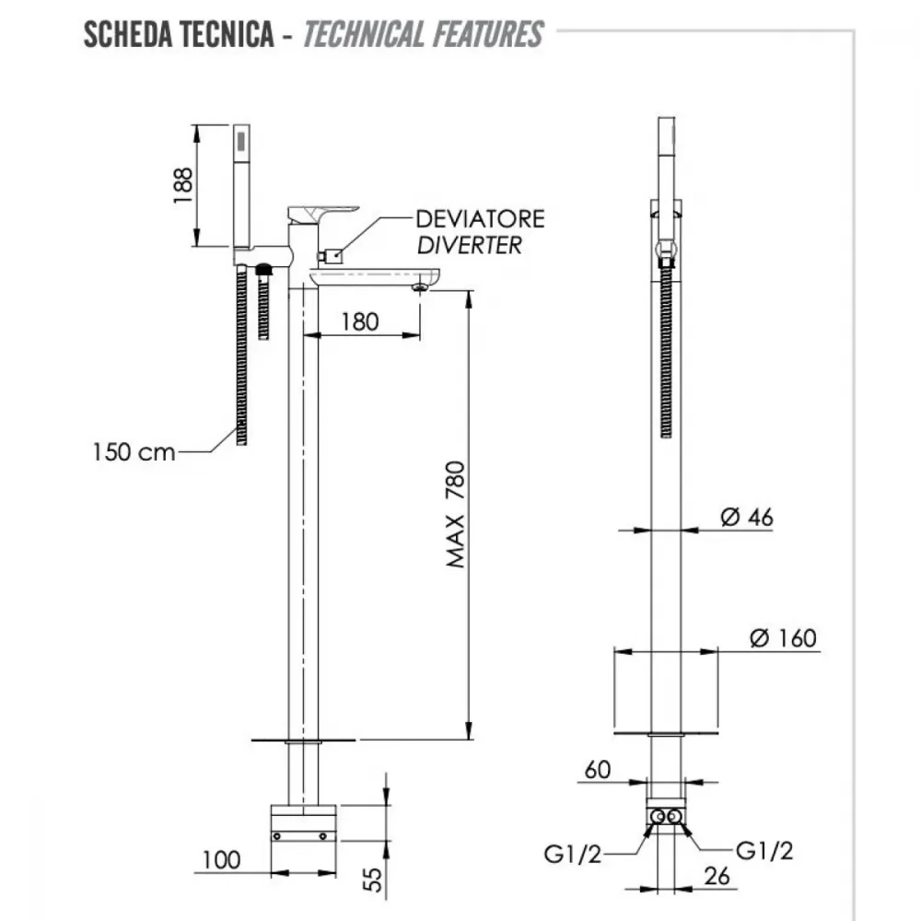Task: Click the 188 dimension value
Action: pyautogui.click(x=182, y=186)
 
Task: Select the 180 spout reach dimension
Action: pyautogui.click(x=360, y=321)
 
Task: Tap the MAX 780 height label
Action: pyautogui.click(x=456, y=515)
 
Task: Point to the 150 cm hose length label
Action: pyautogui.click(x=134, y=452)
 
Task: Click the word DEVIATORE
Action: pyautogui.click(x=481, y=219)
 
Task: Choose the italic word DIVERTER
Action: pyautogui.click(x=470, y=246)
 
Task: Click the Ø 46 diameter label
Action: pyautogui.click(x=747, y=518)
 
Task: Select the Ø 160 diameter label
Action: pyautogui.click(x=784, y=638)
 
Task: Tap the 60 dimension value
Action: pyautogui.click(x=598, y=770)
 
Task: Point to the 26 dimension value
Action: pyautogui.click(x=717, y=876)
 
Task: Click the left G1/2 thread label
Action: pyautogui.click(x=573, y=855)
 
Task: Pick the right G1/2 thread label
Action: pyautogui.click(x=764, y=850)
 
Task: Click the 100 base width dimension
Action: pyautogui.click(x=221, y=860)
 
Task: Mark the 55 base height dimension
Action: pyautogui.click(x=373, y=880)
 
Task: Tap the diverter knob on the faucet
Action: pyautogui.click(x=331, y=256)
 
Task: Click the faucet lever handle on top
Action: pyautogui.click(x=322, y=213)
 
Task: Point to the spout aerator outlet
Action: pyautogui.click(x=421, y=287)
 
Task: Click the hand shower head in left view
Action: pyautogui.click(x=242, y=185)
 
